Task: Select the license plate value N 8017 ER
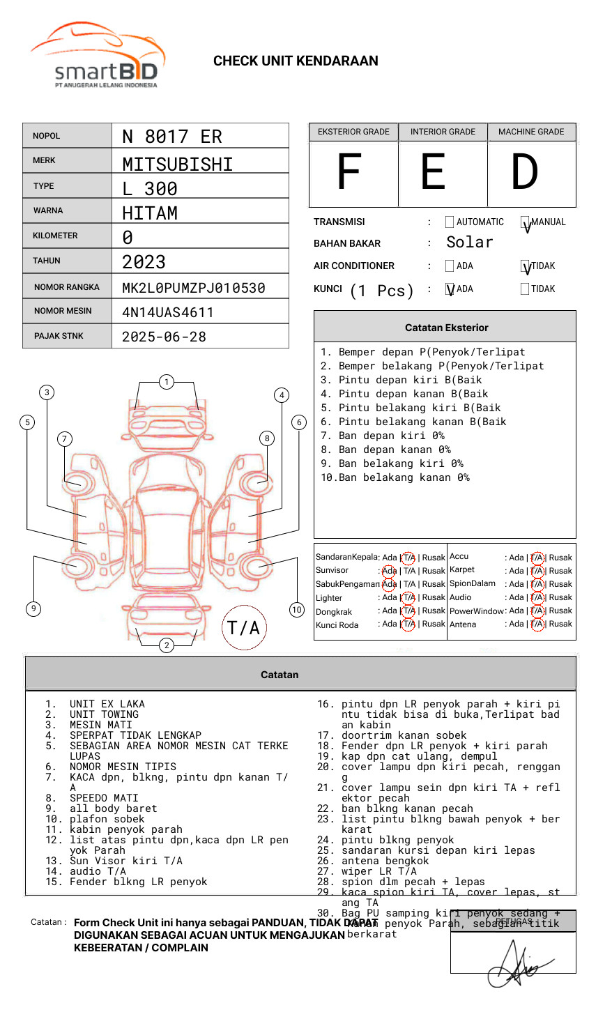171,137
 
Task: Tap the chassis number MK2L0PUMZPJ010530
193,288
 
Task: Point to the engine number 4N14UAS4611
167,312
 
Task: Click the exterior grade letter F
349,173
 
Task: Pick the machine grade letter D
524,173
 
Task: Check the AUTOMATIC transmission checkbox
450,222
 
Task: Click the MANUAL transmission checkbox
526,223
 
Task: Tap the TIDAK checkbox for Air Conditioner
526,267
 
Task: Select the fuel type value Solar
469,243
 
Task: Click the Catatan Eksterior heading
446,328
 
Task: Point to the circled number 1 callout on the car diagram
166,382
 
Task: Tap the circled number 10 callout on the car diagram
297,609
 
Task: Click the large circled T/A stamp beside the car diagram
244,627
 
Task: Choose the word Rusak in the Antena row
560,624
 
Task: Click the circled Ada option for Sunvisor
389,571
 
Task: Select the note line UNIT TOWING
104,714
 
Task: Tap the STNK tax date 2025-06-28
164,337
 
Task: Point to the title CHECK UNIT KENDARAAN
296,61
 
